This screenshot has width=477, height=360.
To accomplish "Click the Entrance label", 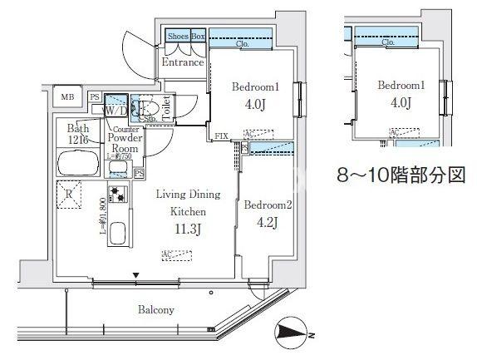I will click(x=182, y=63).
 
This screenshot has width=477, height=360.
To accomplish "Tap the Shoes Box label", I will click(x=186, y=37).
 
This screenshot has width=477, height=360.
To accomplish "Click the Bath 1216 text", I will click(x=79, y=134).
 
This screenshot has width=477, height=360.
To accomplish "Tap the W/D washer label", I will click(x=115, y=111).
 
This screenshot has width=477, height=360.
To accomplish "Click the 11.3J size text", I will click(x=189, y=229).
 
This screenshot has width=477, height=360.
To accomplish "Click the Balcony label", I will click(x=156, y=310).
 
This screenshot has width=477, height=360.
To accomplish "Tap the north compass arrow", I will click(x=294, y=335).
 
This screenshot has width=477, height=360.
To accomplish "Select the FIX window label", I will click(x=222, y=136).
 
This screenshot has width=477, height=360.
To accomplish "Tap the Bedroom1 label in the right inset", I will click(x=401, y=86).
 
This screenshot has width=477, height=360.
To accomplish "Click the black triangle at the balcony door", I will click(x=135, y=275).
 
